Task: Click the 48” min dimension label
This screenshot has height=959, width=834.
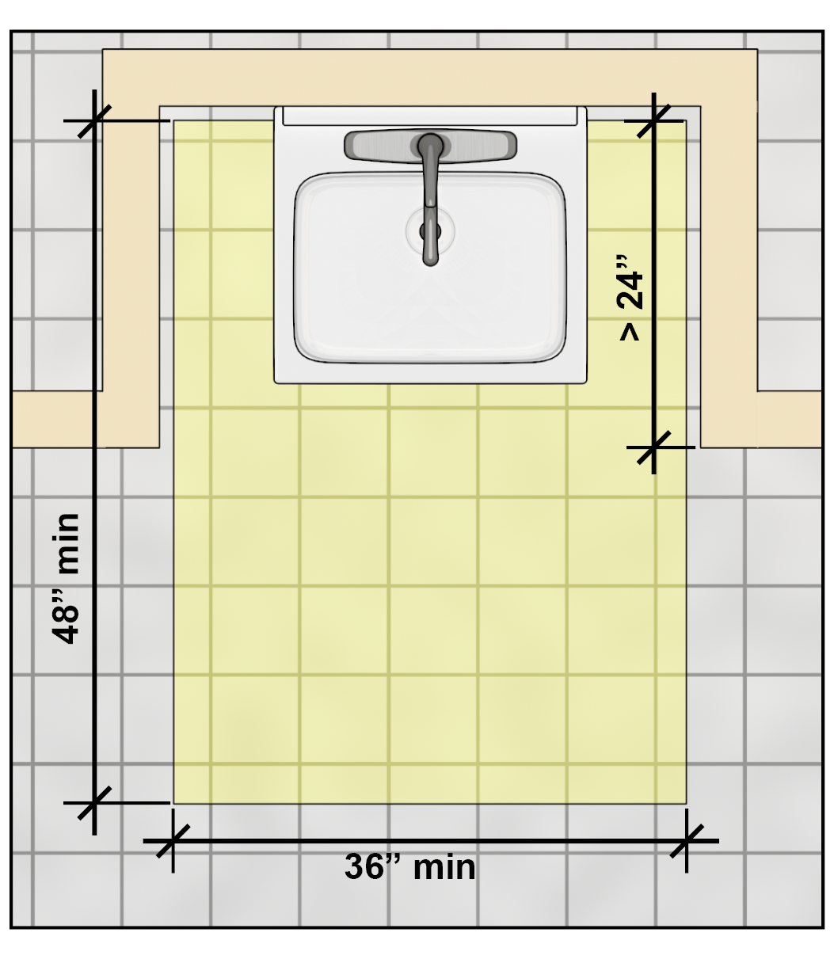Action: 66,578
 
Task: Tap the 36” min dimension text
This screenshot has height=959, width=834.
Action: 410,866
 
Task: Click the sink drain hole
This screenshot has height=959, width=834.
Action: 430,231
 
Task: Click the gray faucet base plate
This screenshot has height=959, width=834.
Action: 430,146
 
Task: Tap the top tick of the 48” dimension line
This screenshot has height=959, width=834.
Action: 94,121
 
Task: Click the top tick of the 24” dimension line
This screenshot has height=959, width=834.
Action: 653,121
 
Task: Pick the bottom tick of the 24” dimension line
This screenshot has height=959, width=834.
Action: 653,447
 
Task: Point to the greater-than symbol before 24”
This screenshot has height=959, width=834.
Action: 630,332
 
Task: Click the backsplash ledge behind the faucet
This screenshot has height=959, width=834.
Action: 430,116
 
